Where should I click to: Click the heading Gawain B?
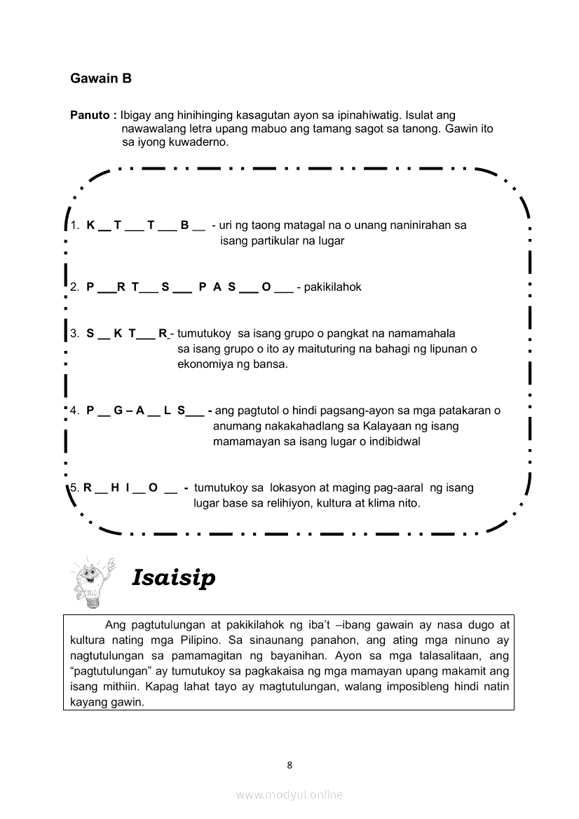click(x=101, y=78)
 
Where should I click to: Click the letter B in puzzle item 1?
click(x=184, y=226)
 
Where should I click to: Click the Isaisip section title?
click(x=173, y=578)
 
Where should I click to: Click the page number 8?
click(x=289, y=765)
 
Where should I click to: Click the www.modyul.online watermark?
click(x=289, y=794)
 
